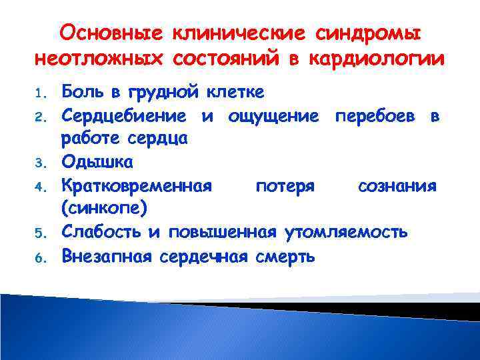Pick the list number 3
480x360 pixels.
pyautogui.click(x=41, y=163)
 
